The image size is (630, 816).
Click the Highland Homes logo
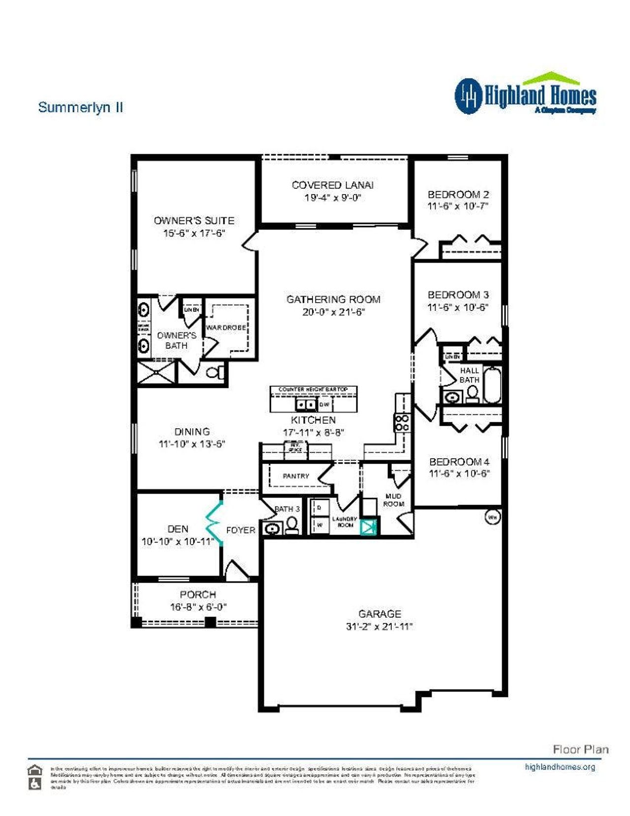(x=525, y=95)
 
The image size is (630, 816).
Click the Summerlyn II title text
(x=80, y=107)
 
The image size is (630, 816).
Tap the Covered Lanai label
(x=332, y=185)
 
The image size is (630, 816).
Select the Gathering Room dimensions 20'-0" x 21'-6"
(x=333, y=312)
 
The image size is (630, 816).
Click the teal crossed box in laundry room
(x=369, y=527)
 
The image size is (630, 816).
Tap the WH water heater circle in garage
(x=493, y=517)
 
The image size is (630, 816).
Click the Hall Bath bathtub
(x=492, y=384)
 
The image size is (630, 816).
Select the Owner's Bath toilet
(x=215, y=373)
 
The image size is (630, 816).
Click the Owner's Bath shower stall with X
(x=156, y=373)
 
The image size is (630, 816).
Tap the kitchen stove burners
(x=401, y=423)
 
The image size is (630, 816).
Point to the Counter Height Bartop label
(x=313, y=389)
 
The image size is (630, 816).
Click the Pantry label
(x=296, y=476)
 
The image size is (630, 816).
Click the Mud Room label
(x=393, y=500)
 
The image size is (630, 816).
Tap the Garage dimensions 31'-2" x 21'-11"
(x=379, y=627)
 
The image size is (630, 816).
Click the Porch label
(x=198, y=594)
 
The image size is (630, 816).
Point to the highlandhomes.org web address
(x=560, y=767)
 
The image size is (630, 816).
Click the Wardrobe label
(x=226, y=328)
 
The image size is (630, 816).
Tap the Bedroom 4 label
(x=459, y=462)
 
